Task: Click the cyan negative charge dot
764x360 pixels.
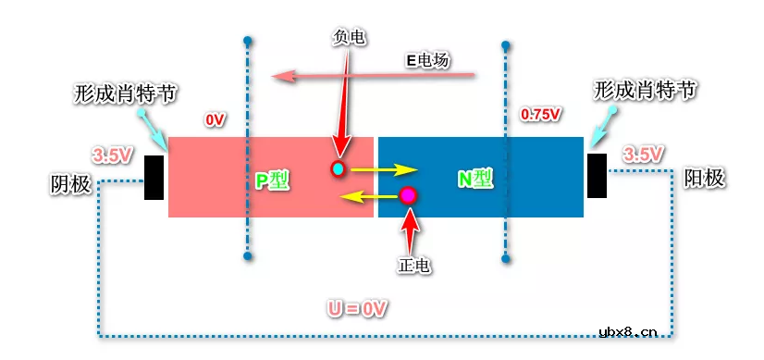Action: tap(339, 169)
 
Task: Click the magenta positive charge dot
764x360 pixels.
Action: tap(408, 195)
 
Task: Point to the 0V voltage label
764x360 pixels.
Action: tap(215, 120)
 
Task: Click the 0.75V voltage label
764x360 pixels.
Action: tap(541, 115)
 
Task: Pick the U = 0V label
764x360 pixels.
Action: tap(357, 306)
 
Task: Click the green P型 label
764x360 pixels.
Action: tap(273, 180)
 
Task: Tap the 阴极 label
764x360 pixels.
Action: tap(70, 184)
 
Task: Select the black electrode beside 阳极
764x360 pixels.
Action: tap(597, 175)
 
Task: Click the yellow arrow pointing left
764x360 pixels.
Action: tap(366, 196)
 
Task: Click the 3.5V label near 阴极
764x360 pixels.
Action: tap(111, 155)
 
